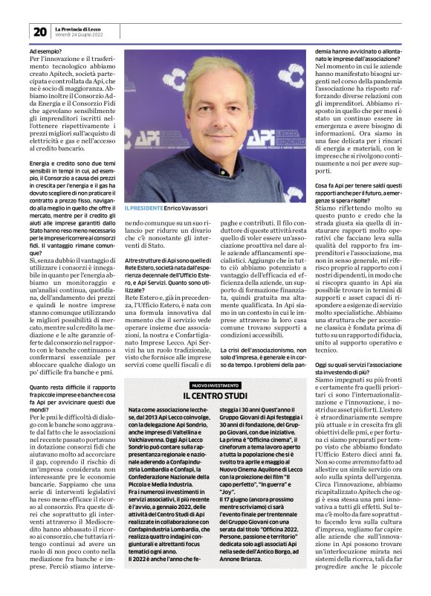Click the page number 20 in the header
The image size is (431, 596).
[x=39, y=31]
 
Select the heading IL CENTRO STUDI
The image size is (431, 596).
[x=215, y=395]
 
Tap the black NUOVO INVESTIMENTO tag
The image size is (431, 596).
[x=215, y=385]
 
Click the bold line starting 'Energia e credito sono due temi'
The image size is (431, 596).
[x=72, y=163]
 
